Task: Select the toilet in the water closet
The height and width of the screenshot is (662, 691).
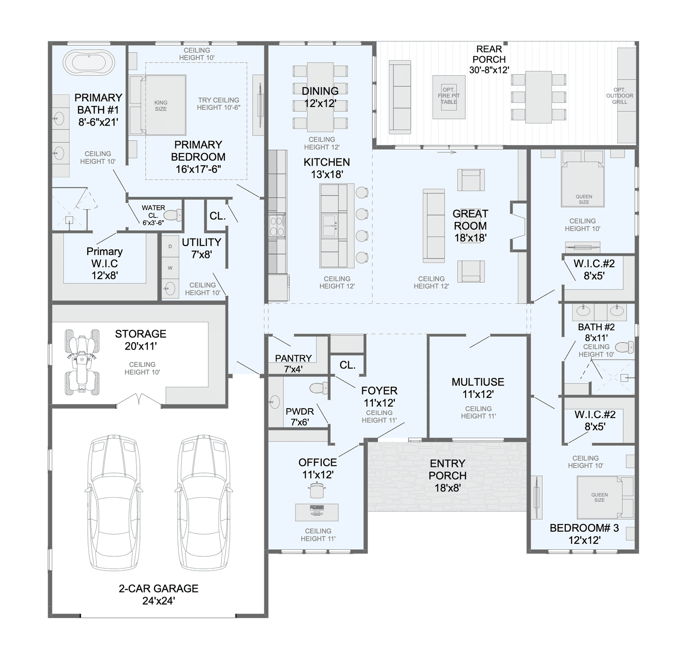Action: tap(173, 215)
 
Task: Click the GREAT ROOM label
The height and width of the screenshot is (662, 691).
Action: tap(470, 226)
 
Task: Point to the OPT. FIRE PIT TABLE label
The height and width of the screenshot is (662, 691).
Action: tap(449, 96)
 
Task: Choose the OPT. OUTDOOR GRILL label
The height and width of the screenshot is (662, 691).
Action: tap(619, 96)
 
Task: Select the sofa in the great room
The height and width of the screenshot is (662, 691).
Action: tap(434, 225)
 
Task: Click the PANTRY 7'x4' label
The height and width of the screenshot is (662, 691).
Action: tap(293, 363)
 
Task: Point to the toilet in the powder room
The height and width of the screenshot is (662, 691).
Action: tap(319, 388)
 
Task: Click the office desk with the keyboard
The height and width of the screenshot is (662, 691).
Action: tap(317, 512)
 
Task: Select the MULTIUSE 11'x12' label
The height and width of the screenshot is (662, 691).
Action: tap(478, 388)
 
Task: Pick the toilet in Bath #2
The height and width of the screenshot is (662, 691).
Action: tap(624, 347)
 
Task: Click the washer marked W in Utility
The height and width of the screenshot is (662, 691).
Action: tap(170, 268)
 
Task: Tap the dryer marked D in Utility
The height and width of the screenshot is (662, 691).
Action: tap(170, 246)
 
